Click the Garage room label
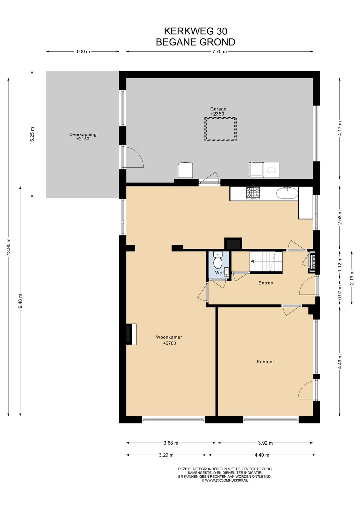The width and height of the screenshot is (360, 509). click(218, 109)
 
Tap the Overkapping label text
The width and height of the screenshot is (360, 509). click(83, 134)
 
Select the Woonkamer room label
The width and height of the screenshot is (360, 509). click(169, 337)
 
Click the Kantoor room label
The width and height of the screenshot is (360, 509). click(265, 362)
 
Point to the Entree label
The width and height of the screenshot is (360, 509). click(266, 283)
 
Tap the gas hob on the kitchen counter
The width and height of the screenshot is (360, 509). click(253, 193)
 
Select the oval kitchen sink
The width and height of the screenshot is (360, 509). click(287, 193)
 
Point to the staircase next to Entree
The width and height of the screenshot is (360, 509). click(266, 262)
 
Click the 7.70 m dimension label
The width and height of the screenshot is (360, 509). click(219, 52)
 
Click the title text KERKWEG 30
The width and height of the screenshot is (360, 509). click(196, 31)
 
